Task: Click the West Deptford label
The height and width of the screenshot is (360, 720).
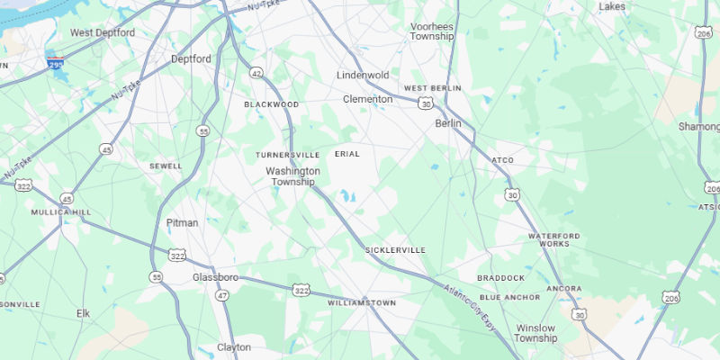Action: click(103, 32)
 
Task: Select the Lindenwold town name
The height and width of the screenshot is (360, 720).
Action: click(367, 75)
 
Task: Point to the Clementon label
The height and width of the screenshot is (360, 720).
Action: click(367, 99)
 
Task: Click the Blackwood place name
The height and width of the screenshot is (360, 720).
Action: click(271, 104)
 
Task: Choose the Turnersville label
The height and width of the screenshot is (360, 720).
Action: click(287, 155)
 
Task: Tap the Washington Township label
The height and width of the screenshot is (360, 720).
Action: click(292, 175)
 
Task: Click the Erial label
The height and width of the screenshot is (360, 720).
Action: click(347, 154)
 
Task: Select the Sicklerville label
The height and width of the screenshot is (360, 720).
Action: click(395, 249)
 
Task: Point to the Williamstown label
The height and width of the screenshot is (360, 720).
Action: click(361, 303)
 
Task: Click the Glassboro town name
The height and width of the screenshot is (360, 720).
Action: click(215, 277)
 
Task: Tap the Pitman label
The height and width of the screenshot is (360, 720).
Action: click(182, 222)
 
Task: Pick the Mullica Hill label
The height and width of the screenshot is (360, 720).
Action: click(61, 212)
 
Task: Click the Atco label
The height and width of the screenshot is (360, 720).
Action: click(502, 160)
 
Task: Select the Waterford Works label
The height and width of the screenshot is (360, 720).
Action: click(548, 239)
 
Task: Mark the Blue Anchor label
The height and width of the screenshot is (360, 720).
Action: click(509, 297)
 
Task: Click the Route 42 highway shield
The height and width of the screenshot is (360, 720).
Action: click(256, 73)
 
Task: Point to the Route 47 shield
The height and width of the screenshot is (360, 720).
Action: click(222, 295)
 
